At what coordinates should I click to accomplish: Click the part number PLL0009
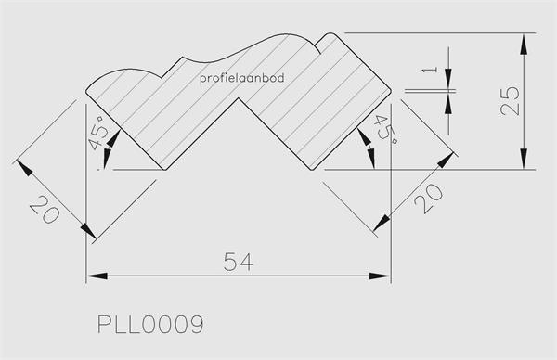click(150, 324)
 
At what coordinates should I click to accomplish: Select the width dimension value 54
click(239, 262)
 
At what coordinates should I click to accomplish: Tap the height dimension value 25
click(510, 101)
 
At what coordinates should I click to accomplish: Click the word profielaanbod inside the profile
click(242, 78)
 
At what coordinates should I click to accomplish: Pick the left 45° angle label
click(98, 132)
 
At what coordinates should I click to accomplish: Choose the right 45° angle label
click(385, 130)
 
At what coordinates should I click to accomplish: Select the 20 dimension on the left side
click(45, 210)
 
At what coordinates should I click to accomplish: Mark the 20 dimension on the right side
click(429, 199)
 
